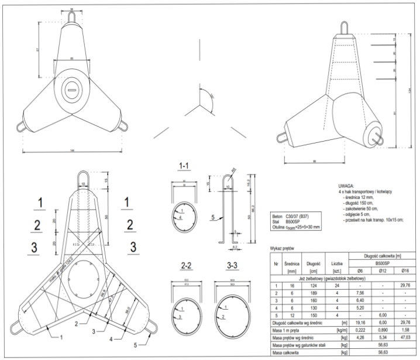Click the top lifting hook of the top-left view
(71, 18)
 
